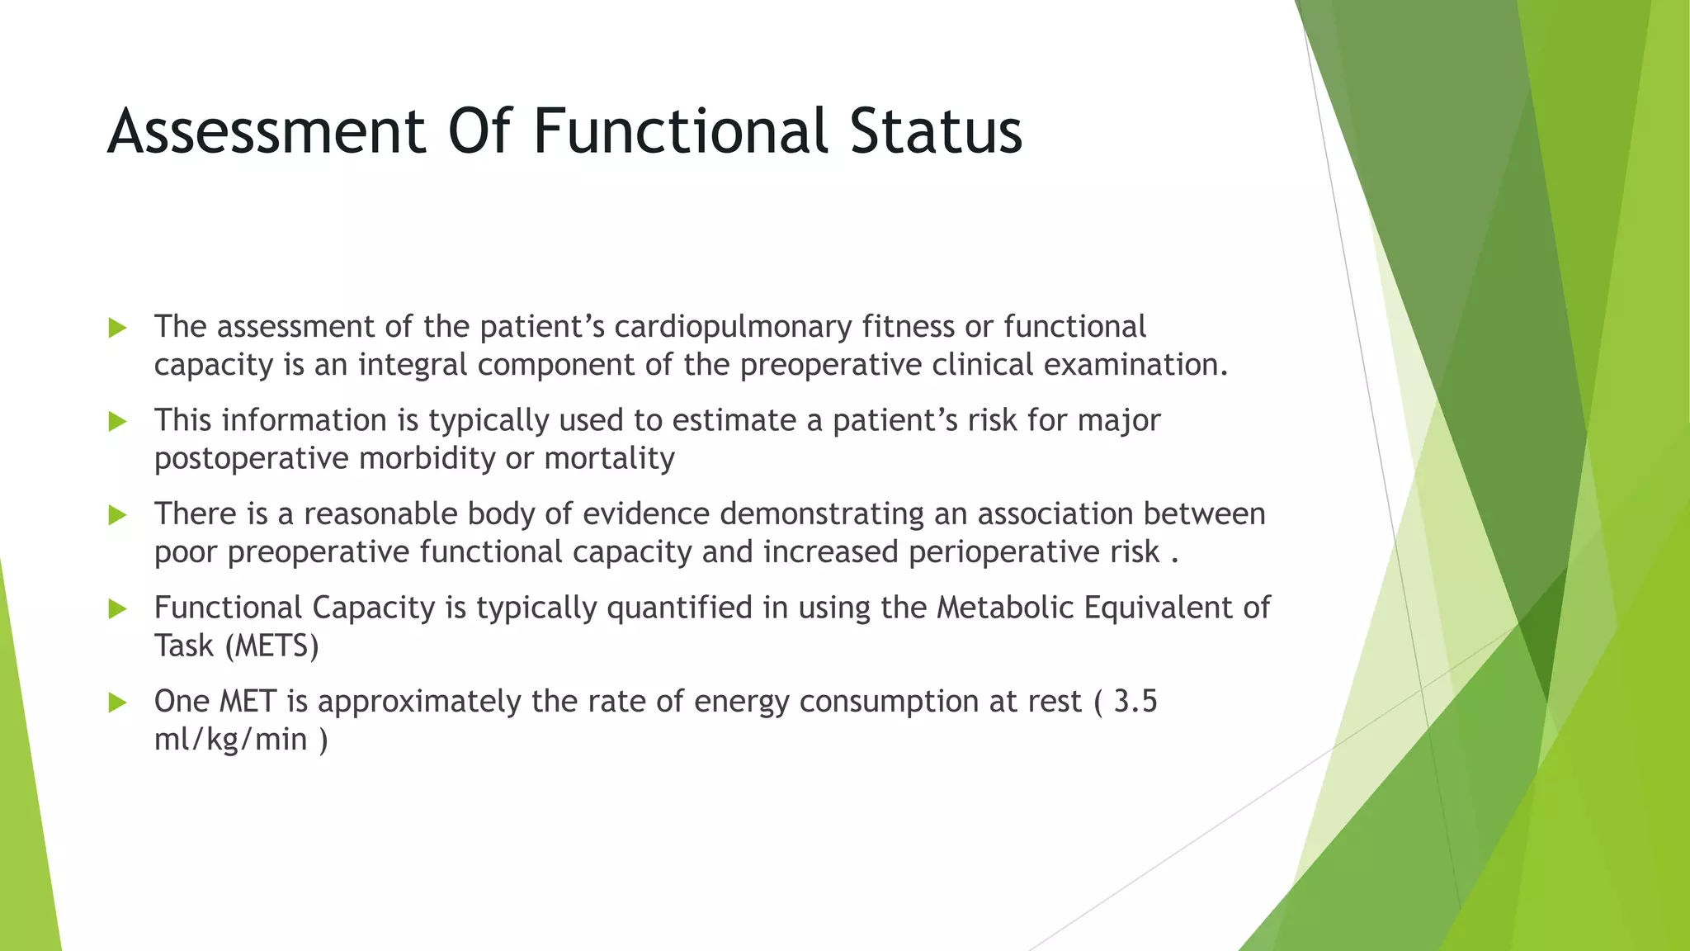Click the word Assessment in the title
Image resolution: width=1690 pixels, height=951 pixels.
coord(267,132)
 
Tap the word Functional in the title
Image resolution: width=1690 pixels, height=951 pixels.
coord(680,132)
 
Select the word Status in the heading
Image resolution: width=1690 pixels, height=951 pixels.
coord(936,132)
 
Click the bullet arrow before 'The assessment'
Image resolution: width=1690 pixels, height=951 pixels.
coord(117,329)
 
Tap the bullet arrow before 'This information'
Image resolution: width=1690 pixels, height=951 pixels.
coord(117,422)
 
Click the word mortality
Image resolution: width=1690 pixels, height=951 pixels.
coord(609,458)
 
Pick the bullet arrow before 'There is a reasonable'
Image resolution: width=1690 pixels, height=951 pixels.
coord(117,516)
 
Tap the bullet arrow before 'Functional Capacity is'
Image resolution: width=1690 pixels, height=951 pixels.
coord(117,609)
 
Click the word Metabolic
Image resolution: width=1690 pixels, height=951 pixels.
coord(1004,608)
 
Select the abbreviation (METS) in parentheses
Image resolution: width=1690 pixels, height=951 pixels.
coord(271,646)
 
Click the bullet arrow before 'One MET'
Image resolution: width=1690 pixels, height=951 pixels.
coord(117,703)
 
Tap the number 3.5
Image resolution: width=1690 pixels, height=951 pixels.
coord(1135,702)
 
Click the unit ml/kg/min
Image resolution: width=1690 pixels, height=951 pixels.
coord(230,740)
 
